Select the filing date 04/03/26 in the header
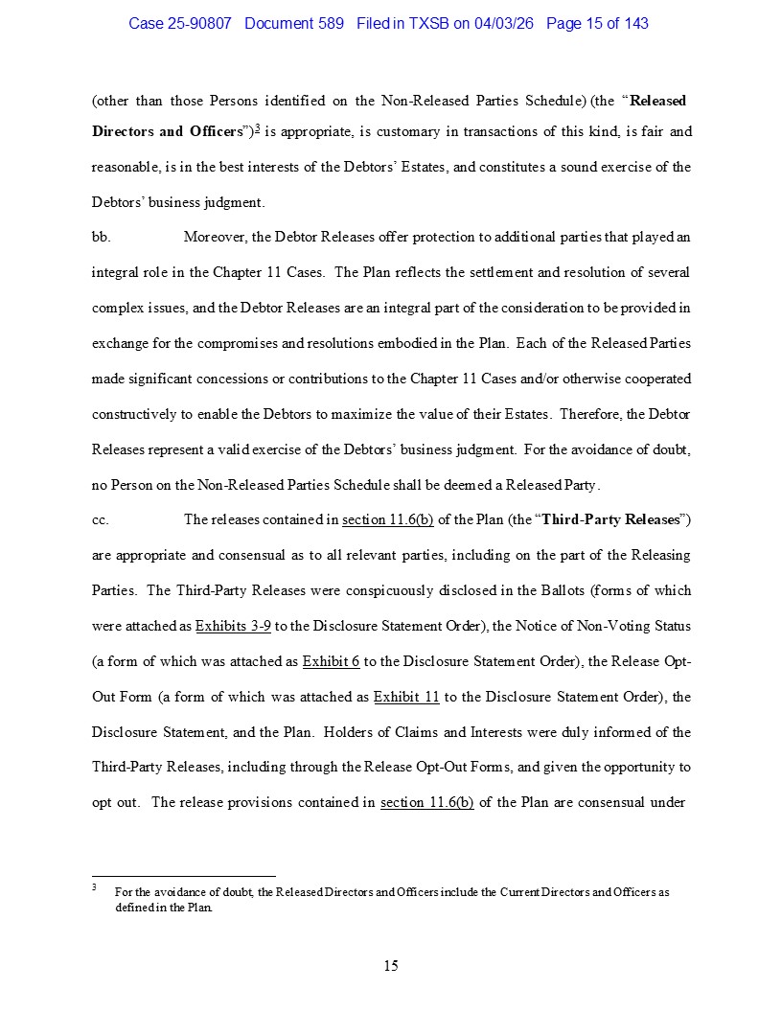click(505, 23)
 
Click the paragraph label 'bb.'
click(101, 237)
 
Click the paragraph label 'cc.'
click(101, 519)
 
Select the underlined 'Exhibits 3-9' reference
click(233, 626)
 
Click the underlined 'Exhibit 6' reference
click(331, 661)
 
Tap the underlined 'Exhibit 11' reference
click(405, 697)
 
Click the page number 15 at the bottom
click(391, 965)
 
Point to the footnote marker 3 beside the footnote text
click(95, 888)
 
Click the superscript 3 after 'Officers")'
click(257, 129)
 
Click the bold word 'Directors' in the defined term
click(123, 131)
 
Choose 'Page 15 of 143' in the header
click(597, 23)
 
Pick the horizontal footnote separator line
click(183, 875)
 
